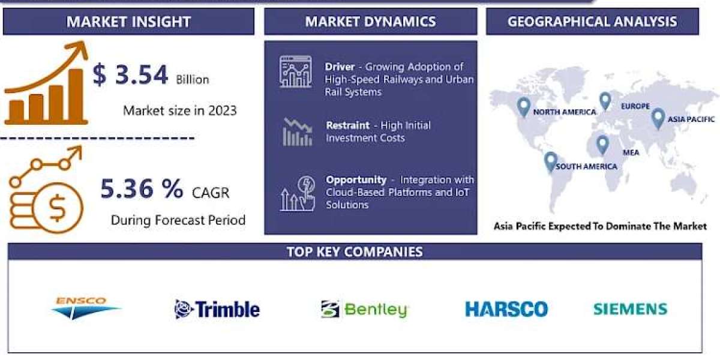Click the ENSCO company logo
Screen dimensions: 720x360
[x=86, y=308]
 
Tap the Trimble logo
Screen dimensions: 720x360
[x=217, y=309]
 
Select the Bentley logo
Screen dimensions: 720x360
[x=365, y=309]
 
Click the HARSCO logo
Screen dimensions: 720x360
[x=506, y=309]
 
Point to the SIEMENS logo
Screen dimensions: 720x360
[x=631, y=309]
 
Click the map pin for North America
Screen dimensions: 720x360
[x=524, y=107]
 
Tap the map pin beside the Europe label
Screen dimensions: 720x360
[x=605, y=101]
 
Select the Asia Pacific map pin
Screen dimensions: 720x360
[x=658, y=119]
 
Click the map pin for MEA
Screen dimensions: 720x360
[x=602, y=145]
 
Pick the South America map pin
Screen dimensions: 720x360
[x=551, y=161]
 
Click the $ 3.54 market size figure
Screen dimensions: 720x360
[x=130, y=75]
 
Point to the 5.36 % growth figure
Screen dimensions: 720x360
[x=142, y=188]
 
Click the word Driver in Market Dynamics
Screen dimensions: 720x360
[x=340, y=67]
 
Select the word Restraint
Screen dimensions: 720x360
[x=348, y=125]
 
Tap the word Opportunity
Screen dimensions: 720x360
[x=356, y=179]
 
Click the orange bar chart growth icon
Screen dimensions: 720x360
[x=46, y=83]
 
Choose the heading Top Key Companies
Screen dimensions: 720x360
[x=355, y=251]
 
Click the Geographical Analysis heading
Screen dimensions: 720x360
[x=592, y=22]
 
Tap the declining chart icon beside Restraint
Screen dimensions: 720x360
[x=298, y=132]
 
